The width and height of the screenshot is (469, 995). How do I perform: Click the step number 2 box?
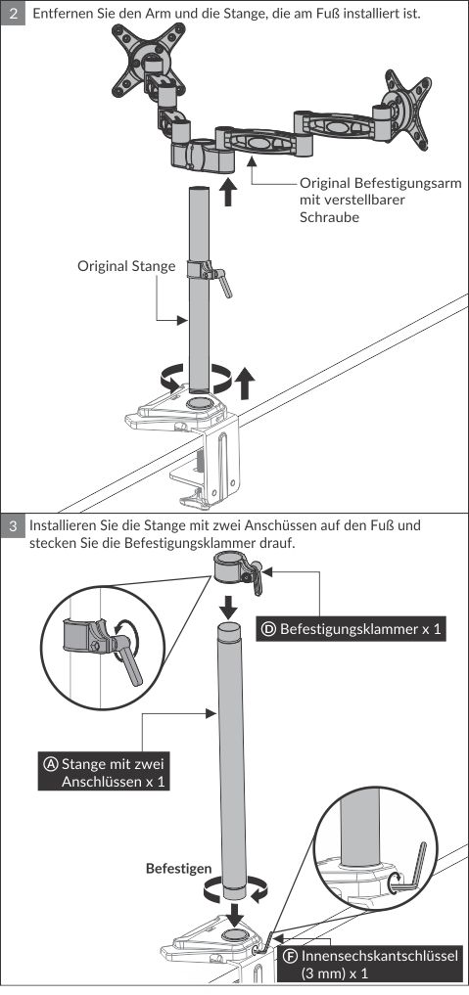pos(14,13)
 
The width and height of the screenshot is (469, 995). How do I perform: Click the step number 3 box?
pos(14,526)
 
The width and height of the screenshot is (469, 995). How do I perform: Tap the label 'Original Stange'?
pos(126,266)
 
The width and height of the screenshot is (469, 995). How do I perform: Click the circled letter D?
pos(269,630)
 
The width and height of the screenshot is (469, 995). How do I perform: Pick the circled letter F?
pos(292,956)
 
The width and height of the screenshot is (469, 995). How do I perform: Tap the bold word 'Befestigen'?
pos(179,869)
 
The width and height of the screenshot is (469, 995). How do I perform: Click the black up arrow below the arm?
pos(228,192)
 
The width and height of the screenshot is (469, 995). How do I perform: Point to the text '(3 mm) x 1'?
pos(335,973)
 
